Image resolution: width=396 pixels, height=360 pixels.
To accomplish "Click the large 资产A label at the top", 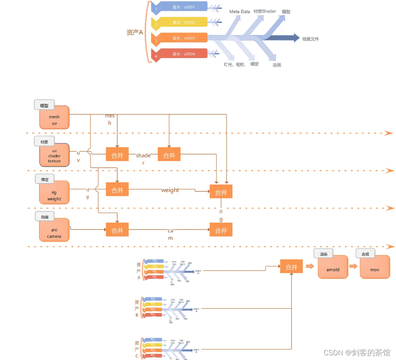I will pos(135,33).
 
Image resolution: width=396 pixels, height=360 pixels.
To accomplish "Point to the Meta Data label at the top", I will pos(239,12).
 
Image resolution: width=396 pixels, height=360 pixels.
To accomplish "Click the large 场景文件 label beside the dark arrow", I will pos(310,39).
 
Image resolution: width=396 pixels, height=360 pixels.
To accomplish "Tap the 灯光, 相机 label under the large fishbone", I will pos(234,65).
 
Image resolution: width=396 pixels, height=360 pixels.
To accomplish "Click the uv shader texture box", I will pos(54,155).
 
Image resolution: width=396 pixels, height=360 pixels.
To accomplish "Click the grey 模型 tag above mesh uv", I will pos(44,105).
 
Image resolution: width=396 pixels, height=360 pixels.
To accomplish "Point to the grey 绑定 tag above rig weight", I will pos(44,180).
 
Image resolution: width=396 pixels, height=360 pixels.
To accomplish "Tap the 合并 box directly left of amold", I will pos(291,267).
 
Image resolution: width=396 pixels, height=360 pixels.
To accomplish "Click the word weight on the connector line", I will pos(170,190).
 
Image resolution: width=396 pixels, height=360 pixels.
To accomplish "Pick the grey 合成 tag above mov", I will pos(365,254).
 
